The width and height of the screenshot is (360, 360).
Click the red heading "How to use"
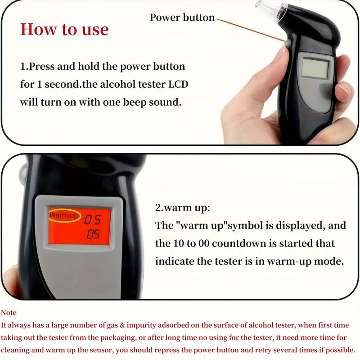[x=64, y=30]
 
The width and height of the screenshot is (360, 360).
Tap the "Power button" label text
[x=182, y=18]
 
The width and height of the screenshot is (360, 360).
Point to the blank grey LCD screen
[x=315, y=68]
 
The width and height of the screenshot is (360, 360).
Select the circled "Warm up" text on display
[x=63, y=216]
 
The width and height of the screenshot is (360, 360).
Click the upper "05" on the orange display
[x=93, y=220]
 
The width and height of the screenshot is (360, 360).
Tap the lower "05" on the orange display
[x=93, y=234]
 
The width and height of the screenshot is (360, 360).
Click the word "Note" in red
[x=9, y=313]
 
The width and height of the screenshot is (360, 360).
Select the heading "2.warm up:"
[x=183, y=207]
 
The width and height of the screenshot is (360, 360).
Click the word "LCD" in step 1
[x=178, y=84]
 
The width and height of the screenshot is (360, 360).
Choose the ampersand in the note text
[x=122, y=325]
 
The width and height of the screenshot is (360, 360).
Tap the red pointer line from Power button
[x=250, y=30]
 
